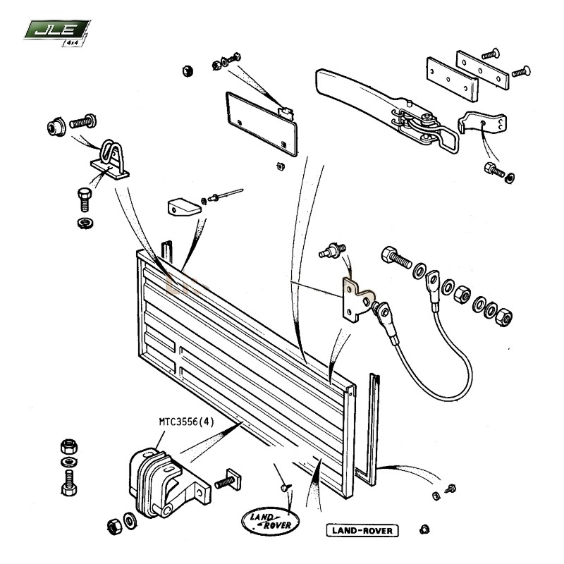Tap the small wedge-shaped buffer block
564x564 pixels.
coord(182,207)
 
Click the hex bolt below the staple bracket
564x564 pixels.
coord(84,200)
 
